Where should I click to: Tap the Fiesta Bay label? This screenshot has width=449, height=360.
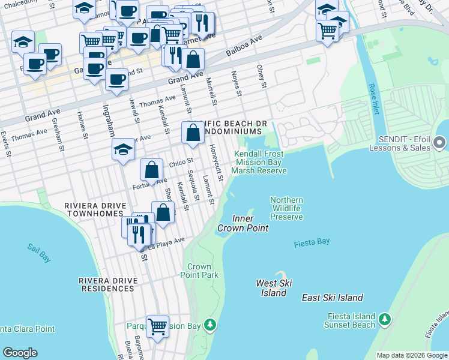[312, 242]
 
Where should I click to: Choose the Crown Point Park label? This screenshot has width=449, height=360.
[199, 271]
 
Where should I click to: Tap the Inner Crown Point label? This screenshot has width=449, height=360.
[243, 223]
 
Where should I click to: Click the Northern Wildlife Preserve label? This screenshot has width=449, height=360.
[286, 208]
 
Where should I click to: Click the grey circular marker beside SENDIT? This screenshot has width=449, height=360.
[439, 143]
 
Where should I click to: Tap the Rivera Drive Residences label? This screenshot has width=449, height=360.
[106, 284]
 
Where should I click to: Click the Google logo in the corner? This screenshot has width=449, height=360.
[20, 353]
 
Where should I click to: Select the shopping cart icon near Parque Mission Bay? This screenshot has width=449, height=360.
[157, 327]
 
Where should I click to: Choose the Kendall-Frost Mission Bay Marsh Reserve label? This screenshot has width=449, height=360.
[259, 162]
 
